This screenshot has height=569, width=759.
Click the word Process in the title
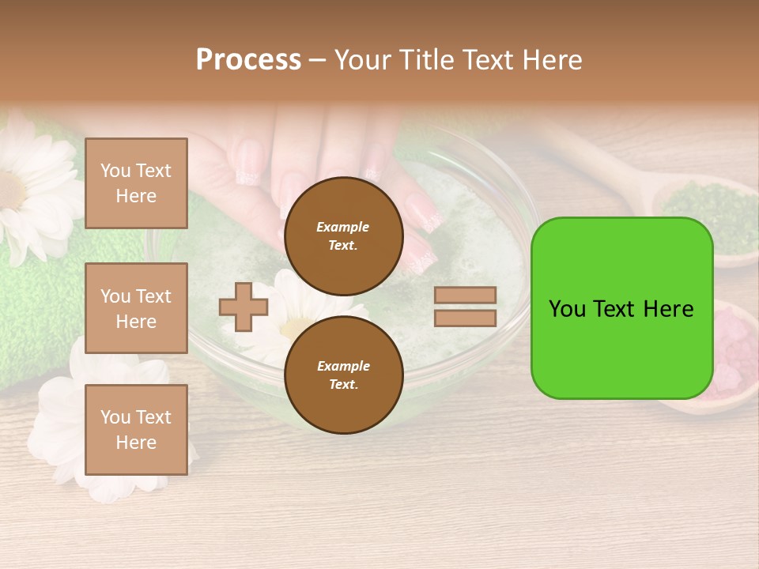248,60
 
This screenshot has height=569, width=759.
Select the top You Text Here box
136,183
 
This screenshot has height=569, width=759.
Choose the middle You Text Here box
136,308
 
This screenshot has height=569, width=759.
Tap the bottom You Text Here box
136,430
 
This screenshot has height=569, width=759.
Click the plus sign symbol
244,307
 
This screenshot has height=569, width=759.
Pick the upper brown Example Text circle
343,236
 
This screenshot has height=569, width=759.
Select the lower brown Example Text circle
343,375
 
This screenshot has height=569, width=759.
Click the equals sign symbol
465,307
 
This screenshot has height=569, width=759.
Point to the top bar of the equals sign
465,296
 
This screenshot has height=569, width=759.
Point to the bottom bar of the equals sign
465,318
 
